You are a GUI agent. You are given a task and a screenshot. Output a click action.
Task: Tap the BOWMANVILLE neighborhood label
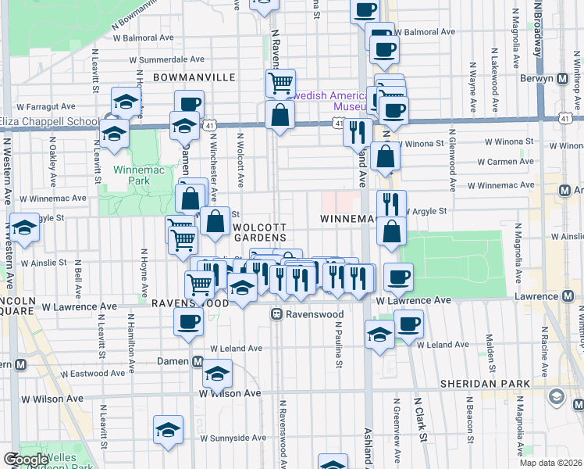194,77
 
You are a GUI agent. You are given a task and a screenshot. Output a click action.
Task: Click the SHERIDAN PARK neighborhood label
484,384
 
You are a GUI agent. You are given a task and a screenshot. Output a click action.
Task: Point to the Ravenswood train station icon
276,314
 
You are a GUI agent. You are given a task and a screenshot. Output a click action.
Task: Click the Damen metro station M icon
198,362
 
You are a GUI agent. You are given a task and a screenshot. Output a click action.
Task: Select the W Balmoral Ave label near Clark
425,34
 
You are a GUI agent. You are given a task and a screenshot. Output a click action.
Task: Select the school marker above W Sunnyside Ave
167,429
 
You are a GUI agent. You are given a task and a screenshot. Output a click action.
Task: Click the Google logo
25,460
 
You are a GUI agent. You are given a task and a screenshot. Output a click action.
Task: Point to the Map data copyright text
551,464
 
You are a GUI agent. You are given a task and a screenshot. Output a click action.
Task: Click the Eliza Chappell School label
49,121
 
